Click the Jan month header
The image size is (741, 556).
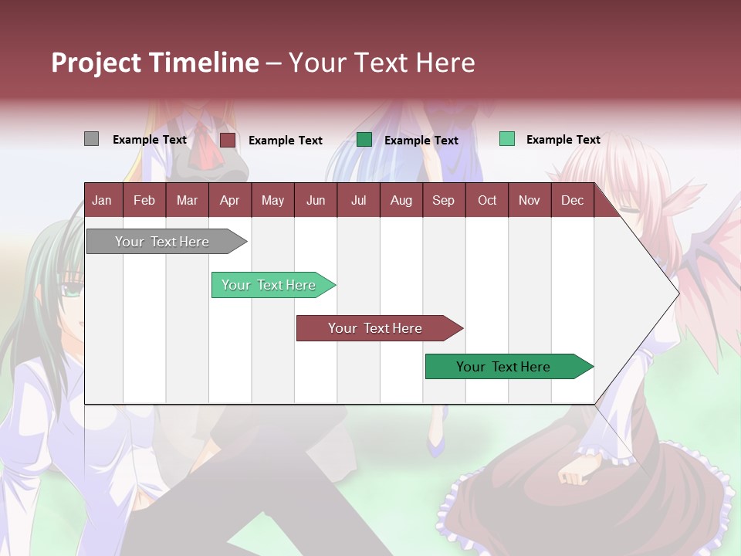[x=102, y=200]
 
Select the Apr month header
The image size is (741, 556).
[x=229, y=200]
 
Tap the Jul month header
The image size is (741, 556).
[x=358, y=200]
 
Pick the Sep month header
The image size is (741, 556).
[x=443, y=200]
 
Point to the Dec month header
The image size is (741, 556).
[x=572, y=200]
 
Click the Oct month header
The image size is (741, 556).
[x=487, y=200]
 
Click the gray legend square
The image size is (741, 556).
[x=91, y=139]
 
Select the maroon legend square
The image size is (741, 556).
[x=227, y=140]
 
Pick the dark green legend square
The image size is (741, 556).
[x=364, y=139]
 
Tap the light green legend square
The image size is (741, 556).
[x=506, y=139]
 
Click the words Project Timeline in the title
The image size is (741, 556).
[x=155, y=63]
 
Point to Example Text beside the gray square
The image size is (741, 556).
[x=150, y=140]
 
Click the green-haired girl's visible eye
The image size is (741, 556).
[x=72, y=291]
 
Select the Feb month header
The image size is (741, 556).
[x=144, y=200]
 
